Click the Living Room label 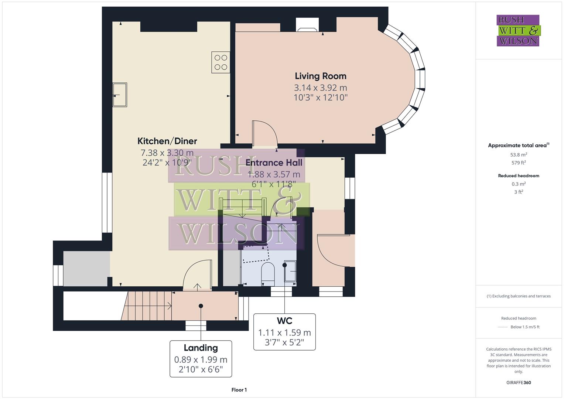(320, 76)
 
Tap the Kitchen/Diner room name (167, 141)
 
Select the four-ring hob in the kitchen (221, 62)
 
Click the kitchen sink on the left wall (120, 95)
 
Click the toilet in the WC (268, 273)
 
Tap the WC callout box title (284, 320)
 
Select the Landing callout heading (201, 348)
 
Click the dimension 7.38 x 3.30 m (167, 153)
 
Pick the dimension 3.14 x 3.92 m (320, 88)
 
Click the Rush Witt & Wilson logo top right (518, 30)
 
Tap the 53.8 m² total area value (519, 155)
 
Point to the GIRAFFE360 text (519, 383)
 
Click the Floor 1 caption (239, 390)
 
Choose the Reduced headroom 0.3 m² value (519, 184)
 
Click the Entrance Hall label (274, 163)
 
